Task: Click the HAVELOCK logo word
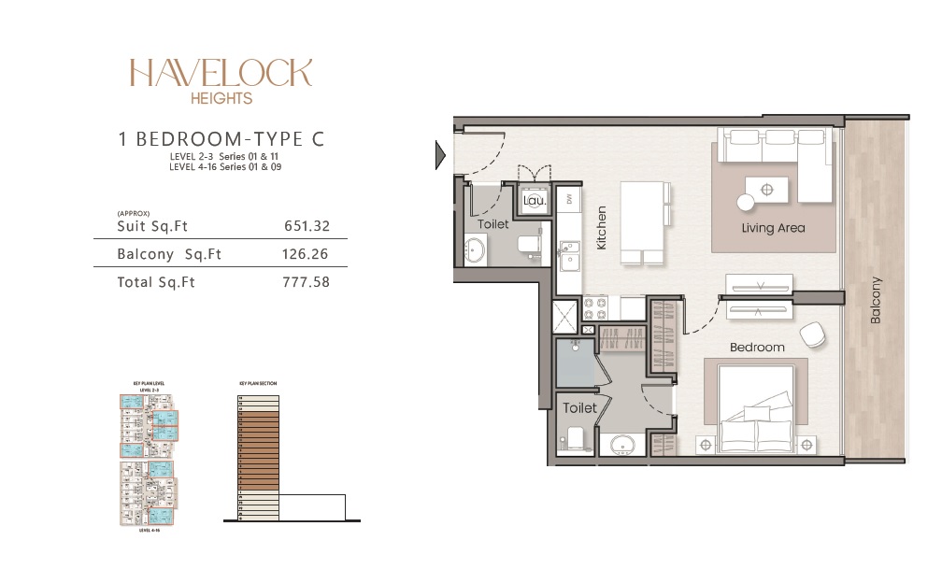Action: tap(221, 73)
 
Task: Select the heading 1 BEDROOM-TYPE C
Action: tap(221, 139)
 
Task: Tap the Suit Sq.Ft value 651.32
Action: tap(307, 226)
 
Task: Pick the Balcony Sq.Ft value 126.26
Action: tap(306, 254)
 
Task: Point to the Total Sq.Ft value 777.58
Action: tap(306, 281)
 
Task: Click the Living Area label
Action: tap(773, 228)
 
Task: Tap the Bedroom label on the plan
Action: tap(757, 347)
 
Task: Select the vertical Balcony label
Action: tap(876, 300)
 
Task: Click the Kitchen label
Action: tap(602, 229)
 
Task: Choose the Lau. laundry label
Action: tap(535, 199)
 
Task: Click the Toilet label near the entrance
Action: tap(492, 225)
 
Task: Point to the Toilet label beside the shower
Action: tap(580, 408)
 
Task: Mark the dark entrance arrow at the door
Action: tap(440, 155)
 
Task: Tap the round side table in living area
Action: tap(746, 202)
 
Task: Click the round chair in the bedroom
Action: tap(812, 334)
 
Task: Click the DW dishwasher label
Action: tap(569, 199)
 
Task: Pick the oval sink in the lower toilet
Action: tap(622, 445)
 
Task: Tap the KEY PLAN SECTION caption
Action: tap(258, 383)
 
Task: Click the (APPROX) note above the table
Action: tap(134, 213)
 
